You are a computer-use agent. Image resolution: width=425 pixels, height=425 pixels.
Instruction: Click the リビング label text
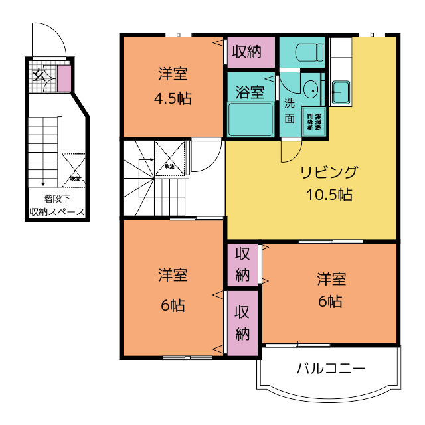tap(329, 173)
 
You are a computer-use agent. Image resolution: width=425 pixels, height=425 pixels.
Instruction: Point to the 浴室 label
tap(250, 91)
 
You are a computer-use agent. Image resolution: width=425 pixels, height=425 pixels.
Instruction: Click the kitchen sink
tap(341, 91)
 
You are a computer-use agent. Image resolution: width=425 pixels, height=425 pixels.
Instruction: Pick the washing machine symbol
tap(314, 122)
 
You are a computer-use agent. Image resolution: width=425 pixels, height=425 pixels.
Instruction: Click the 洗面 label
tap(290, 111)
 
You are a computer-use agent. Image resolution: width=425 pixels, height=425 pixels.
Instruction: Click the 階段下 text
tap(56, 198)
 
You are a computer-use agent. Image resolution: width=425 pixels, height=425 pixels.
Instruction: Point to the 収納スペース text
tap(56, 212)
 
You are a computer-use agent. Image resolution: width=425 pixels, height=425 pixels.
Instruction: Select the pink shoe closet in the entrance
tap(64, 79)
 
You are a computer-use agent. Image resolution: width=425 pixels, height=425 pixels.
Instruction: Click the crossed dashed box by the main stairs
tap(169, 158)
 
